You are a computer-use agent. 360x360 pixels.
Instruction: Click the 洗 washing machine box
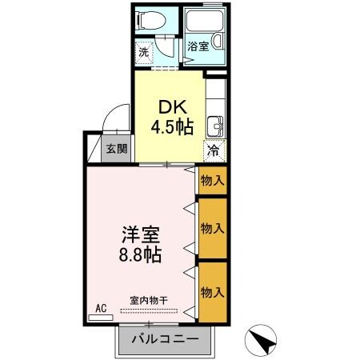click(143, 52)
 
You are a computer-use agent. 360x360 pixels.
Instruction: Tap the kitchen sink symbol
click(214, 126)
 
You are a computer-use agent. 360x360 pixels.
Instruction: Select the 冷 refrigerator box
click(214, 149)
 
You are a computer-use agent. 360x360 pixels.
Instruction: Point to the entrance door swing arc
click(114, 120)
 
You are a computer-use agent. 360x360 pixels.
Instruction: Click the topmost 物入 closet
click(212, 180)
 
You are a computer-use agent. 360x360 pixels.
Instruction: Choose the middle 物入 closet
click(212, 229)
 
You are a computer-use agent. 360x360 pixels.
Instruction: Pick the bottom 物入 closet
click(212, 290)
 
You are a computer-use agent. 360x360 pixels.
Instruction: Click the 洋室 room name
click(141, 236)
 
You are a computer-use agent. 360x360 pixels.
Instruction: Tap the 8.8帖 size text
click(141, 256)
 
